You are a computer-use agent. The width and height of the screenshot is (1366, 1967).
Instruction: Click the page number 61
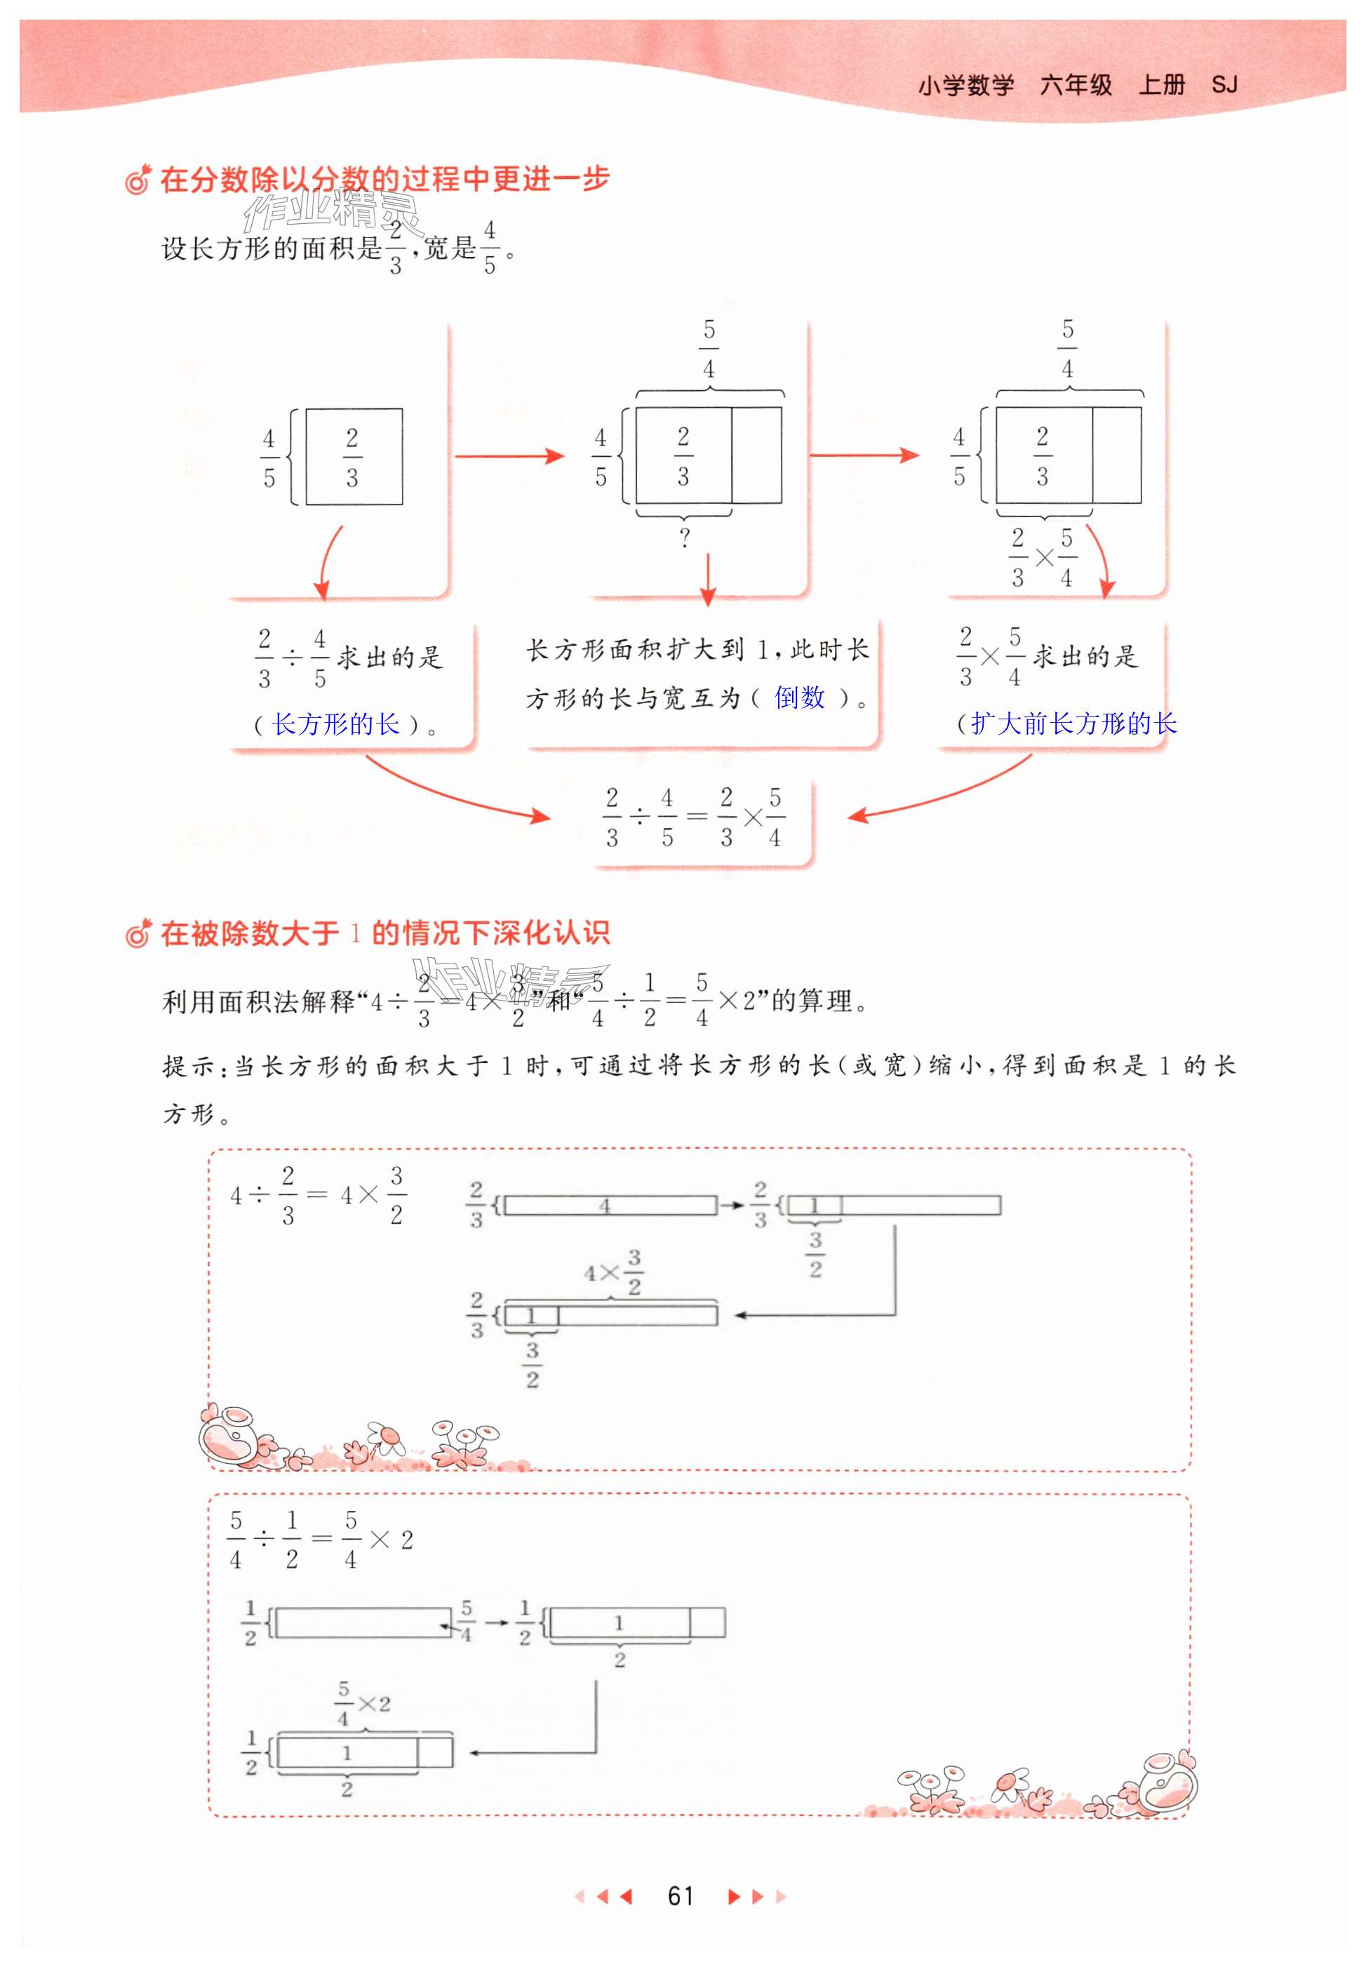(681, 1896)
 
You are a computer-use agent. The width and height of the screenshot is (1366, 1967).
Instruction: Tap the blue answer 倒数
(799, 698)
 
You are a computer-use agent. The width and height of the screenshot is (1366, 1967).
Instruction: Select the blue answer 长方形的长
(335, 724)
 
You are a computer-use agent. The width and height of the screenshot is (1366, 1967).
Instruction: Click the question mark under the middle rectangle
(684, 538)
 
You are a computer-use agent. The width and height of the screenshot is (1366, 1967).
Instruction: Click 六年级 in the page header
(1076, 85)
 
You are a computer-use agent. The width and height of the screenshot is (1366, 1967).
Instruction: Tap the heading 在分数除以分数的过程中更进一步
(384, 179)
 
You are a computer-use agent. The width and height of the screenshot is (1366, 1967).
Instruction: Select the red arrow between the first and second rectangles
(509, 456)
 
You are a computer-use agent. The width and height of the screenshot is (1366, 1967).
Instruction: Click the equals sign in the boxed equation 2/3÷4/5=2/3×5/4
(697, 817)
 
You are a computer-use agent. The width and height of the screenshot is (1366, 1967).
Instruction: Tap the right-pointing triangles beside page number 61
(756, 1896)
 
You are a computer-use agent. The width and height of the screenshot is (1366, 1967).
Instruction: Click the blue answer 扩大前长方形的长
(1073, 724)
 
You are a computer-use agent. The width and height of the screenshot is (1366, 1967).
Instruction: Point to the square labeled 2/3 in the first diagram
(354, 457)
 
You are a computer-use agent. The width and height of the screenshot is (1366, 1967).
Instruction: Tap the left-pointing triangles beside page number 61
(603, 1896)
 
